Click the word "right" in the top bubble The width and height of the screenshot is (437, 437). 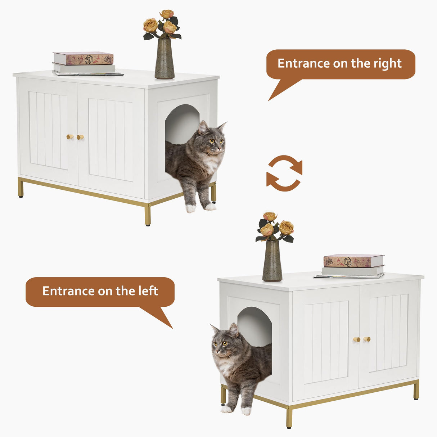[387, 63]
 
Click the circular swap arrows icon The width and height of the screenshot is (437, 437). [284, 173]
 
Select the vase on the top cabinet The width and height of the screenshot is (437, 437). [165, 59]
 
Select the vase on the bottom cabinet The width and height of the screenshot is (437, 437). [272, 262]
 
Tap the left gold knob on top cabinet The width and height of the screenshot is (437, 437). [69, 137]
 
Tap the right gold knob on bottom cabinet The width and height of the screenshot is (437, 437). [367, 339]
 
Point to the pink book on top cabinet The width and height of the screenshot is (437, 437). [83, 58]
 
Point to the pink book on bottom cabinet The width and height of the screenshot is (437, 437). [353, 261]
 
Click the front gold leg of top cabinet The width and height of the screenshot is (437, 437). [148, 215]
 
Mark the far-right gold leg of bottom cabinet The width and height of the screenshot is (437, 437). [416, 390]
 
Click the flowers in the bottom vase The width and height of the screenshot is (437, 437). [275, 227]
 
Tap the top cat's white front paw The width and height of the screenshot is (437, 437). [191, 208]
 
